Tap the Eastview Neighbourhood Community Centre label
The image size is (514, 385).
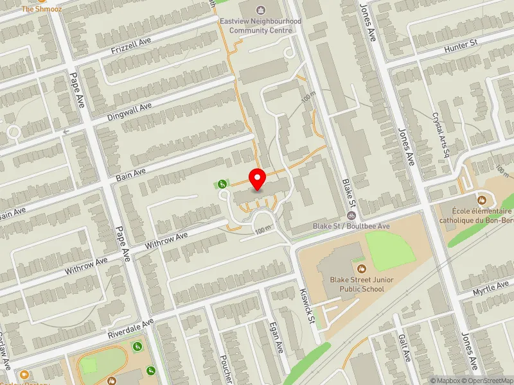[x=260, y=25]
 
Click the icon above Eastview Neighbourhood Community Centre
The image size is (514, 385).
[x=260, y=10]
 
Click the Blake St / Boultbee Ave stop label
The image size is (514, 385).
[x=351, y=227]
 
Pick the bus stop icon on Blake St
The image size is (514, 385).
[x=351, y=216]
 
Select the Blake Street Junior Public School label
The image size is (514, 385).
[x=361, y=284]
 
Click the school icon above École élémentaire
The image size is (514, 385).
[x=481, y=199]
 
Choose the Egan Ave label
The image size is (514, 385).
[x=278, y=338]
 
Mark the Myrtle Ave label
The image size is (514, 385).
[x=491, y=288]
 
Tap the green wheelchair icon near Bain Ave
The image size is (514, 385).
[x=222, y=185]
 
